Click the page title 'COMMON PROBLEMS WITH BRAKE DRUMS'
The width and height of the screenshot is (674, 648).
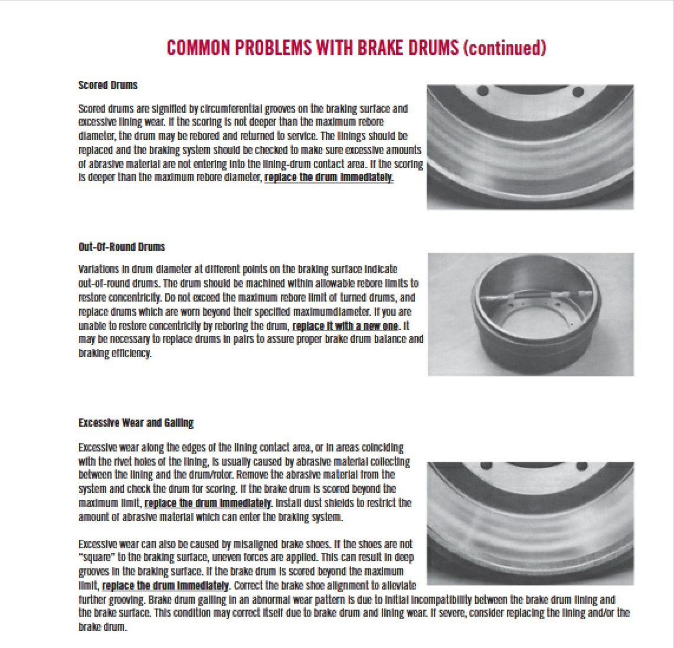(x=312, y=48)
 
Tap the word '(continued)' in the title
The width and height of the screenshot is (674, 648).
(x=505, y=48)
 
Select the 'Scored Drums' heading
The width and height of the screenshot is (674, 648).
(x=107, y=85)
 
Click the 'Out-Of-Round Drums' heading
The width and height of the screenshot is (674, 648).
(x=122, y=247)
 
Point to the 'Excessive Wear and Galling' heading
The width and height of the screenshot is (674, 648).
(x=136, y=423)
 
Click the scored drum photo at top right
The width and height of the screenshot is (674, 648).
(x=530, y=147)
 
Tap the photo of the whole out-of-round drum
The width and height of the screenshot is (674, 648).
(x=530, y=315)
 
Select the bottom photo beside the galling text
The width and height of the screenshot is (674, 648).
(x=530, y=523)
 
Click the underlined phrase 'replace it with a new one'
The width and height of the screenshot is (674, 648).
(x=345, y=326)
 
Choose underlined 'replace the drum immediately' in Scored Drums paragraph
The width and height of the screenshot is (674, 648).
(x=328, y=177)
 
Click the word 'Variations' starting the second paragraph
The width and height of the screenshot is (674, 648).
(x=99, y=269)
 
